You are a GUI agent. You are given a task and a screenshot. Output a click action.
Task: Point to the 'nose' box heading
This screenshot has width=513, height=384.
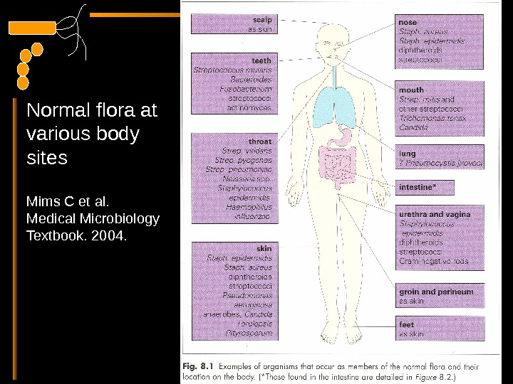coord(408,23)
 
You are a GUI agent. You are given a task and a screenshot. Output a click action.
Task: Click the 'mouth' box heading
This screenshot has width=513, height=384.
coord(411,90)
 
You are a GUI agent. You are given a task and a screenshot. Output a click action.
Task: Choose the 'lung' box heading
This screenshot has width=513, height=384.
coord(408,153)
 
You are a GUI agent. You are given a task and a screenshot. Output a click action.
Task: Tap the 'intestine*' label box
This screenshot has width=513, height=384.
coord(416,188)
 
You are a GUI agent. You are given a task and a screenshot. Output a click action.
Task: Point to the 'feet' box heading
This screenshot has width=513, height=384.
coord(407,324)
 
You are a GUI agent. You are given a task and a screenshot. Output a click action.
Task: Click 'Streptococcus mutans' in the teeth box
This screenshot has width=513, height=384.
coord(232,70)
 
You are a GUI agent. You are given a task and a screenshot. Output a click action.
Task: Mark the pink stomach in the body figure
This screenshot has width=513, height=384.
coord(345,134)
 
